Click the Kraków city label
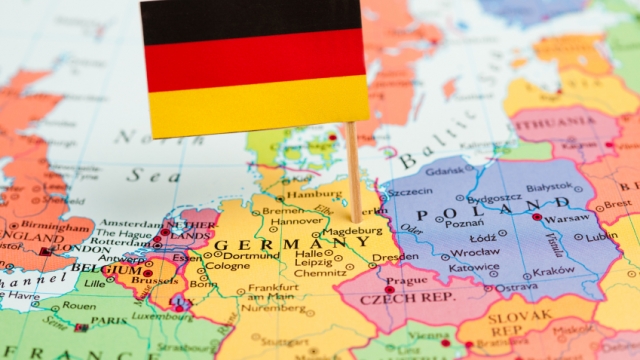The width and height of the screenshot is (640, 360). coord(553,270)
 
